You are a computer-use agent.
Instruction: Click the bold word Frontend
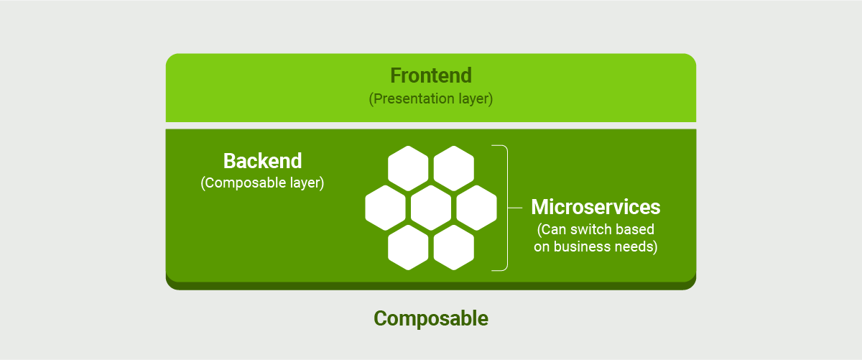click(431, 75)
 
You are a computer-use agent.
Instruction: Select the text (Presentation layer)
click(431, 98)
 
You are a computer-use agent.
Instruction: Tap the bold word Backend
click(262, 160)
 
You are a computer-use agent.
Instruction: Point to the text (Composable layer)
click(262, 183)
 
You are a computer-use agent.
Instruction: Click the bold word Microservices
click(595, 207)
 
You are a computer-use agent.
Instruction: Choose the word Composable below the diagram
click(431, 318)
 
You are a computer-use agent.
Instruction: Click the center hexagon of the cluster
click(431, 208)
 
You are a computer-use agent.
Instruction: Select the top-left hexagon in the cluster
click(408, 168)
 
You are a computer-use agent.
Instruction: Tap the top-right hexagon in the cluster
click(454, 168)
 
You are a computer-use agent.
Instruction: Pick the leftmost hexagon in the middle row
click(385, 208)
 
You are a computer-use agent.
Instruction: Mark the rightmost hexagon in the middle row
click(477, 208)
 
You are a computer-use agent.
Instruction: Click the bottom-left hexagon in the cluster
click(408, 247)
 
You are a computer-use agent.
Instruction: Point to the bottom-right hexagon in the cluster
click(454, 247)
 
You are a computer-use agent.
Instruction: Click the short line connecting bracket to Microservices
click(516, 208)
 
